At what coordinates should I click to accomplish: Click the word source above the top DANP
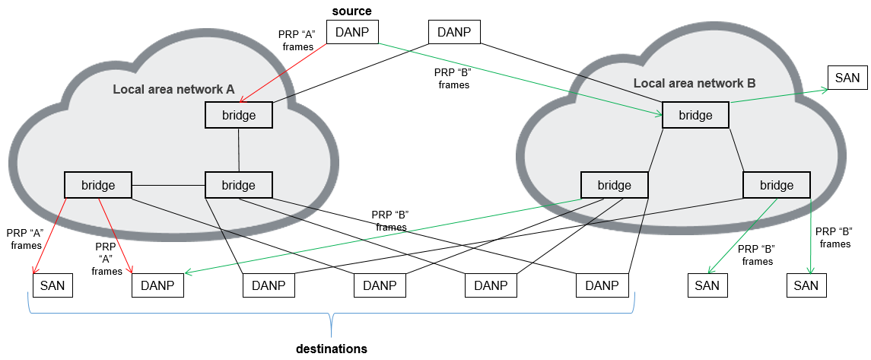point(351,11)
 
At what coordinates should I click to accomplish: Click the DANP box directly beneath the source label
point(352,32)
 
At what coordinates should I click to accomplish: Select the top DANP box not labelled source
point(455,32)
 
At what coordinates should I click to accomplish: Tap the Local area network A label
point(173,89)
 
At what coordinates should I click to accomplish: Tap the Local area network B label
point(694,83)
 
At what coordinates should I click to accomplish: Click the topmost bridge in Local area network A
point(238,116)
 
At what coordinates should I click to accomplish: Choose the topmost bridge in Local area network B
point(695,116)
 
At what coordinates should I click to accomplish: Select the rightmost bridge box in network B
point(777,185)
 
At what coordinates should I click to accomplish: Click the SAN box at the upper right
point(847,78)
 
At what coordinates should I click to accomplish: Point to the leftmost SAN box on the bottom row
point(53,285)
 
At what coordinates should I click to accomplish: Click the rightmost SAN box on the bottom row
point(806,285)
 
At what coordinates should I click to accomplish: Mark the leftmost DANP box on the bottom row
point(158,285)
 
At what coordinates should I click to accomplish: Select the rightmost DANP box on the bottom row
point(602,285)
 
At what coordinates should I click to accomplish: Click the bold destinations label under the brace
point(332,349)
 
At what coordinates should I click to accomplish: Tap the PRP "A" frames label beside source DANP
point(297,40)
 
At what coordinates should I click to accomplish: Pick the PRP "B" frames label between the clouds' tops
point(454,79)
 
